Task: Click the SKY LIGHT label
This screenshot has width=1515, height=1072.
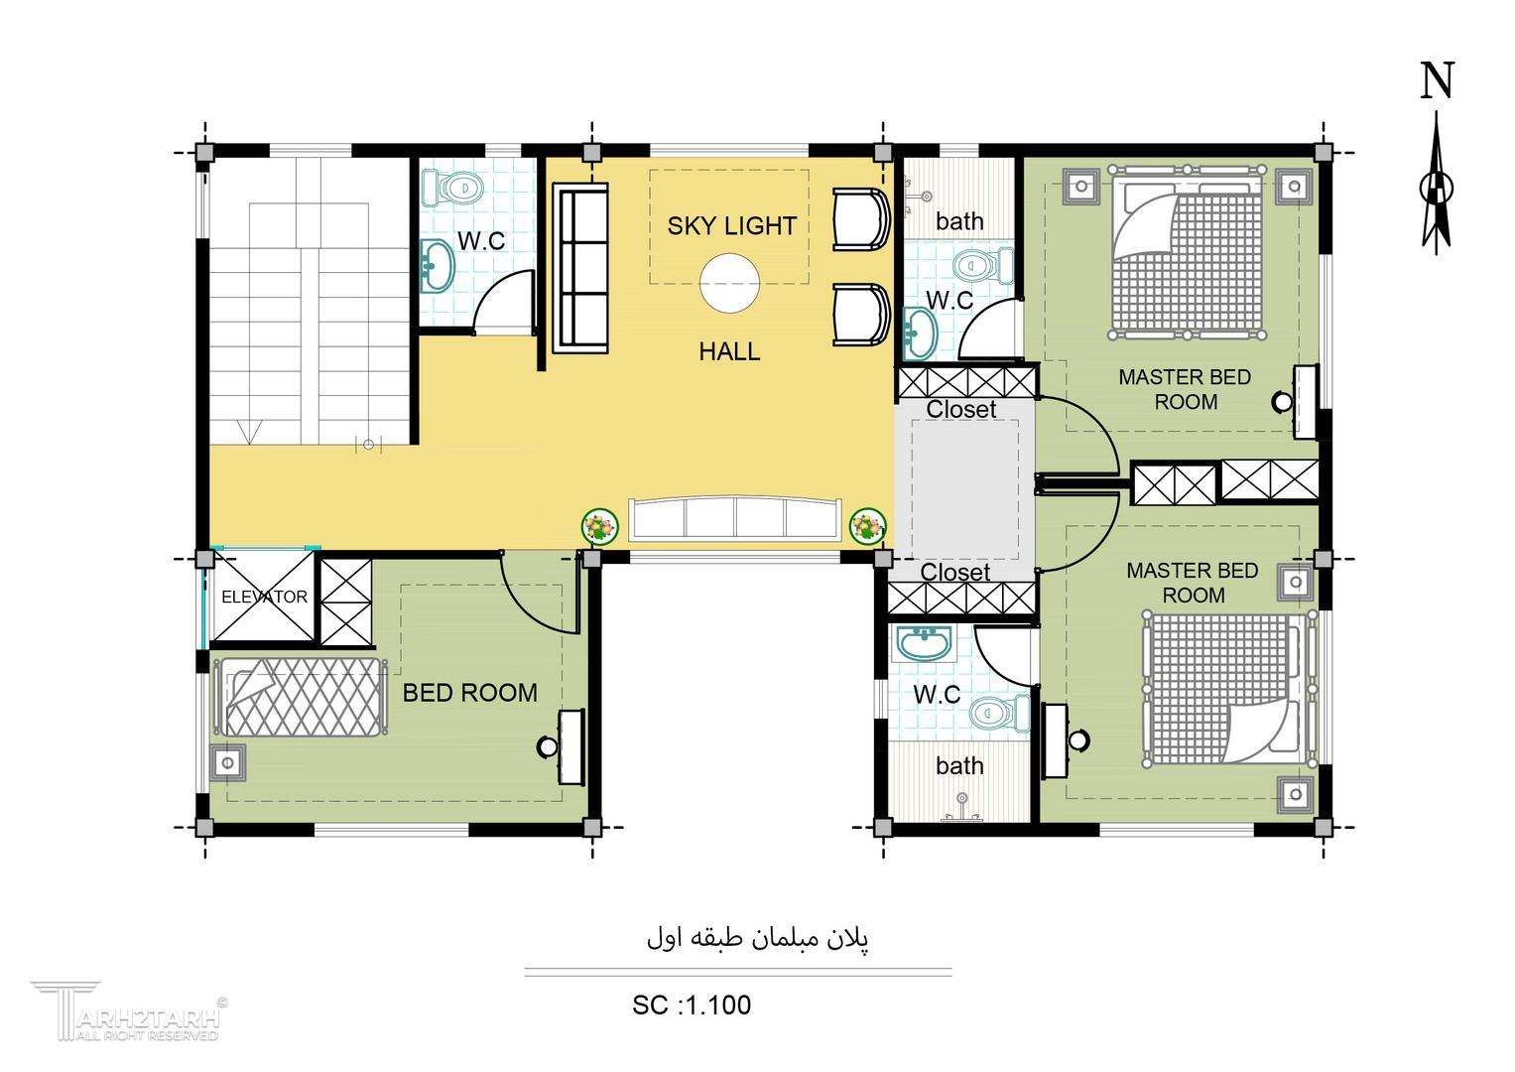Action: coord(732,226)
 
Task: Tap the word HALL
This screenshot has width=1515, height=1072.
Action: coord(729,351)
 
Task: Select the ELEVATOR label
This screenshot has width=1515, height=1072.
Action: coord(265,597)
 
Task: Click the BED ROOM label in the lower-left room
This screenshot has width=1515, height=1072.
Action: coord(470,693)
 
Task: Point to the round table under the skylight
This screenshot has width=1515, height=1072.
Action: coord(730,283)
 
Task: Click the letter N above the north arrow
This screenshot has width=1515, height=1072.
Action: coord(1437,80)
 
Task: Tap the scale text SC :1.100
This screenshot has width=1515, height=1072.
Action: coord(692,1005)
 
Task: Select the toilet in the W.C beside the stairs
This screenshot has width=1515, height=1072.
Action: coord(452,187)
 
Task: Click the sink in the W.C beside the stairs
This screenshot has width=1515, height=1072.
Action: coord(437,265)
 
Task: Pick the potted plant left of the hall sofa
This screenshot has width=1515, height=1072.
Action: coord(600,526)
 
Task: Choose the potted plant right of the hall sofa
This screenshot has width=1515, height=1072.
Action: coord(868,526)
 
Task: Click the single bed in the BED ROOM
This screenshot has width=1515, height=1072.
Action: coord(301,697)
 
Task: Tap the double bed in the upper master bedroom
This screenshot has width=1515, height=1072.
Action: coord(1187,250)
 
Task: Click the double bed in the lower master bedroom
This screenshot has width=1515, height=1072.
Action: coord(1228,689)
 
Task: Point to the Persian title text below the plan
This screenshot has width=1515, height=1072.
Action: coord(758,939)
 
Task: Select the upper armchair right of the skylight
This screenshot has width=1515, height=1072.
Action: coord(860,219)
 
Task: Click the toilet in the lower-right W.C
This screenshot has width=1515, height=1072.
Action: coord(1000,713)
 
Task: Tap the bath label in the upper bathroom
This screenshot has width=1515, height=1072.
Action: coord(959,220)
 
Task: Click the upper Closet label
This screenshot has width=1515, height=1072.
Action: coord(960,409)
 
